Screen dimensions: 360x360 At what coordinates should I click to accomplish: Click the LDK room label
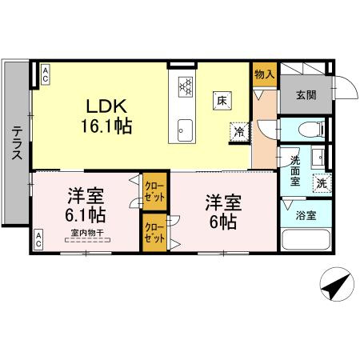(105, 106)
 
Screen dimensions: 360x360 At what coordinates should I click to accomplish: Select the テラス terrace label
(16, 144)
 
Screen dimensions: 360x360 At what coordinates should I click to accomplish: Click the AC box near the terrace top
(46, 75)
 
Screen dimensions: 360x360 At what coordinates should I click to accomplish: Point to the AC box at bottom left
(40, 238)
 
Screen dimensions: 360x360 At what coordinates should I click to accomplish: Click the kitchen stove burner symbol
(186, 86)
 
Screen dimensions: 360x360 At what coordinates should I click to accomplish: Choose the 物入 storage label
(265, 74)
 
